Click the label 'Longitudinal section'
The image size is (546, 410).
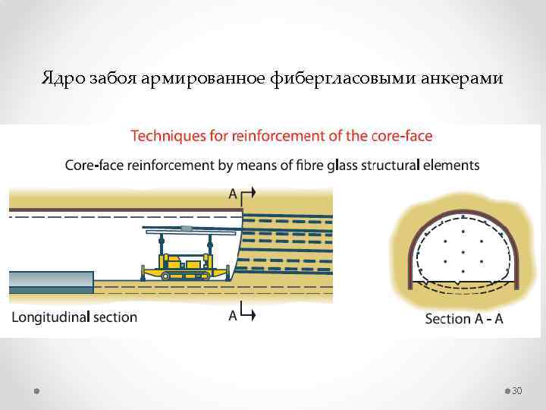[74, 317]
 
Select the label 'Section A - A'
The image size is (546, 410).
[463, 319]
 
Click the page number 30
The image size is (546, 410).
[518, 390]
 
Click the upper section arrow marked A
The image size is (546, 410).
[243, 194]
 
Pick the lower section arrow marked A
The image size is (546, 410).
[243, 314]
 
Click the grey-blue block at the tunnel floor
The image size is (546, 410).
[50, 282]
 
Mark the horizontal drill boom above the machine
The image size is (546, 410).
[190, 229]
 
